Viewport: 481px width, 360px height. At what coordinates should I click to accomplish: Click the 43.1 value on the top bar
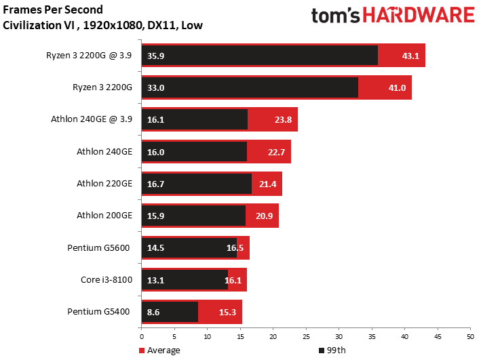(410, 56)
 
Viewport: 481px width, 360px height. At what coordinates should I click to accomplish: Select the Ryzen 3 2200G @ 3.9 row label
(89, 55)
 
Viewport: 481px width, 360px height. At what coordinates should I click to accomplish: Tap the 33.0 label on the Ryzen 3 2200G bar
(155, 87)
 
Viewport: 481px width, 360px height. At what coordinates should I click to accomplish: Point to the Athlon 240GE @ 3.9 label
(92, 119)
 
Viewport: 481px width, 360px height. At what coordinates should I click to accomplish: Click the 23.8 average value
(283, 119)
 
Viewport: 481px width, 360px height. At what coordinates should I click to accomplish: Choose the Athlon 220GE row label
(104, 183)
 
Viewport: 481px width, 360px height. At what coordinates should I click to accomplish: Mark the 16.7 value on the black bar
(155, 184)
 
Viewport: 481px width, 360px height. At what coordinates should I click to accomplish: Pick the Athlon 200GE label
(104, 216)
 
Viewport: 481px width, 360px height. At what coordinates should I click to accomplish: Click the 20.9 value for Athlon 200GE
(264, 216)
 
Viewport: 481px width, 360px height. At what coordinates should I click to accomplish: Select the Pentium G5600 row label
(98, 247)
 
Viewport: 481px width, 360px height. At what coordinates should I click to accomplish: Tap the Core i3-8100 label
(107, 279)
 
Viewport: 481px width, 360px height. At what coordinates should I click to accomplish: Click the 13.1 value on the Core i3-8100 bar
(155, 280)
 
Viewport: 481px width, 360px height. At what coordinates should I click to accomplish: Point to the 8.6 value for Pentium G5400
(153, 312)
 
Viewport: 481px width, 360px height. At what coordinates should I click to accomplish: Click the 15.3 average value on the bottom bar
(227, 312)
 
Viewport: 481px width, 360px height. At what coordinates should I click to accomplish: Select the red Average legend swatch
(142, 351)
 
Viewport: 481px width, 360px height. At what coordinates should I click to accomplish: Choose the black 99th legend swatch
(322, 351)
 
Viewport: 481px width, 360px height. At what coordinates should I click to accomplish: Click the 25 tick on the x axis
(306, 337)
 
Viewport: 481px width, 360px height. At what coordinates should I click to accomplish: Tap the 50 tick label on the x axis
(471, 337)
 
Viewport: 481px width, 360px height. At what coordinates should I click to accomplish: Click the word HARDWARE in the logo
(419, 15)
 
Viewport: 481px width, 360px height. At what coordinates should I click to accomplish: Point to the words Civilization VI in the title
(39, 25)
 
